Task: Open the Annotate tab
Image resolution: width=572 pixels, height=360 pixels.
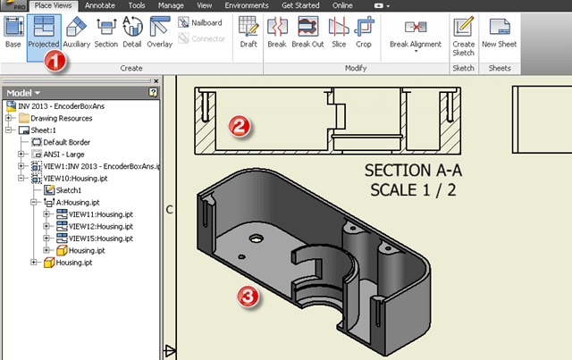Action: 99,4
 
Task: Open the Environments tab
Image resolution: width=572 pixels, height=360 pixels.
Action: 246,4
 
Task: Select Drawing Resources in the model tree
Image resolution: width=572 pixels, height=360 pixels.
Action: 61,117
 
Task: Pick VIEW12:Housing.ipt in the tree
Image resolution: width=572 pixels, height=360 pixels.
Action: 100,227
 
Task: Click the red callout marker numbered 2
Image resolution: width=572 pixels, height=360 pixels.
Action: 238,125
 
